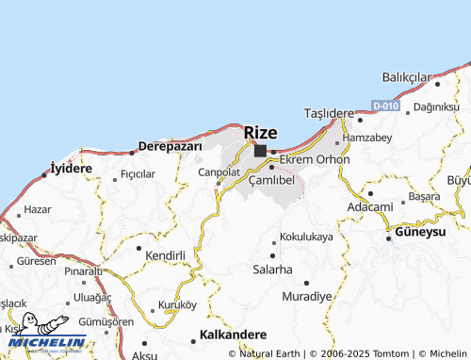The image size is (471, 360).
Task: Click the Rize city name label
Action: pyautogui.click(x=261, y=132)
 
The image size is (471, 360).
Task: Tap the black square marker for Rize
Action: pyautogui.click(x=260, y=150)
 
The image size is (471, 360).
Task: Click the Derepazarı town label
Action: pyautogui.click(x=171, y=146)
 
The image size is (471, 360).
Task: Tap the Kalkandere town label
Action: pyautogui.click(x=234, y=335)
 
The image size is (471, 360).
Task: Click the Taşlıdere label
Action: pyautogui.click(x=328, y=112)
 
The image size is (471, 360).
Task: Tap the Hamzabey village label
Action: pyautogui.click(x=367, y=138)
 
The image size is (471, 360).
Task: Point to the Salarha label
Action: pyautogui.click(x=272, y=270)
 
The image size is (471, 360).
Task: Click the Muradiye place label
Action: pyautogui.click(x=307, y=296)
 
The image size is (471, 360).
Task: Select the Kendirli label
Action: pyautogui.click(x=164, y=254)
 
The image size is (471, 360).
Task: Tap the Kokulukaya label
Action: pyautogui.click(x=307, y=237)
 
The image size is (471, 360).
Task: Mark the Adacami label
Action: pyautogui.click(x=369, y=206)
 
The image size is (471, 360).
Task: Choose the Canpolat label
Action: pyautogui.click(x=219, y=172)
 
